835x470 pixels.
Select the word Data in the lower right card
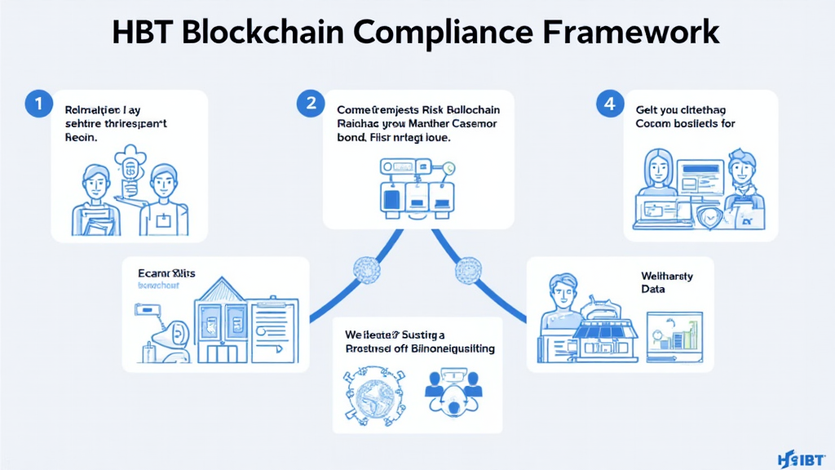click(x=653, y=290)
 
